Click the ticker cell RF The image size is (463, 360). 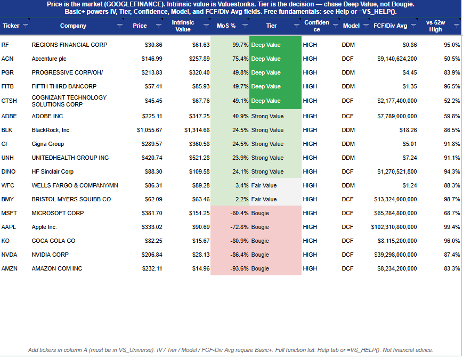tap(5, 45)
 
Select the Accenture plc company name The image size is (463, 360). tap(49, 59)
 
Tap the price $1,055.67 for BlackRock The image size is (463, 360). tap(149, 130)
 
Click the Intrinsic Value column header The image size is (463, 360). tap(183, 26)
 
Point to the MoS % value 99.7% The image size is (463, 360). tap(240, 45)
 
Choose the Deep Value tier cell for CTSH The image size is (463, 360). tap(266, 101)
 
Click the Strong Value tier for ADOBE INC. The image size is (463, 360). tap(267, 116)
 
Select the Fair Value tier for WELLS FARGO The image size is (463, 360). tap(264, 186)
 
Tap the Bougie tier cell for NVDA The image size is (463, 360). tap(260, 255)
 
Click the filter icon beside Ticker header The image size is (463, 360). tap(26, 26)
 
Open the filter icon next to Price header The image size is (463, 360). tap(159, 26)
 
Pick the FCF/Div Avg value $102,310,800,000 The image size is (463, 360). tap(394, 227)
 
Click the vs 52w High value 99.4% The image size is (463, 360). tap(452, 227)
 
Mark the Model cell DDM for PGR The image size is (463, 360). tap(348, 72)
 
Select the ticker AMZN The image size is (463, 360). tap(10, 268)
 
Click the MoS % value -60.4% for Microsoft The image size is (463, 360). tap(239, 213)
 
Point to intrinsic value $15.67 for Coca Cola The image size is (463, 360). tap(201, 241)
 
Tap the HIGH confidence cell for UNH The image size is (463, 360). tap(310, 158)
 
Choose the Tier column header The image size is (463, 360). tap(271, 26)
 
